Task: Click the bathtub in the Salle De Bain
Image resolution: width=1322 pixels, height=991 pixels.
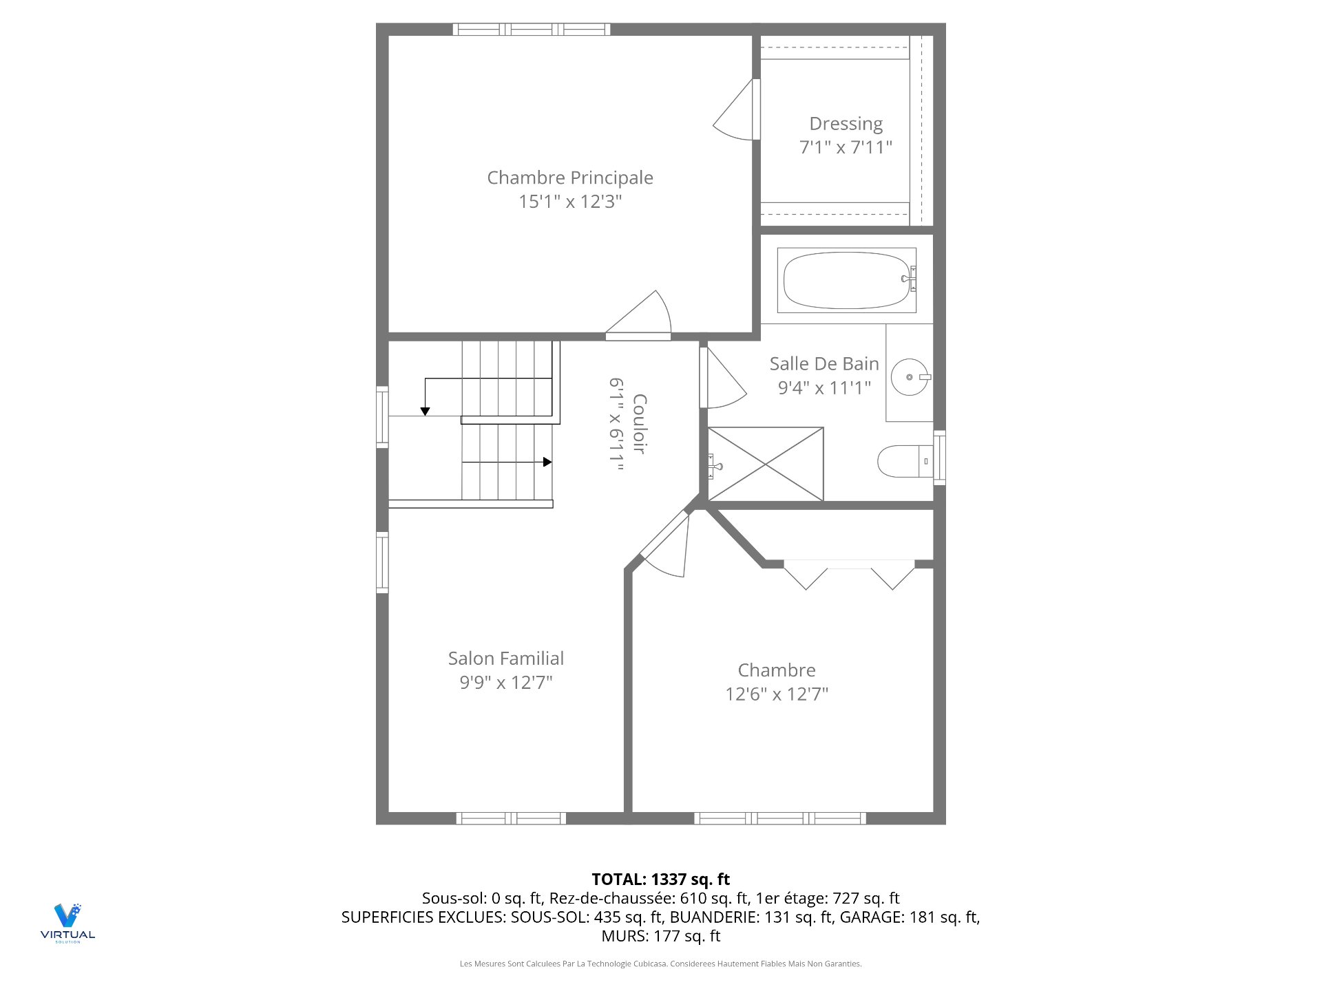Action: (846, 280)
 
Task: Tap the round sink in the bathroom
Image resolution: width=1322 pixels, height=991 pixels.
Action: (910, 377)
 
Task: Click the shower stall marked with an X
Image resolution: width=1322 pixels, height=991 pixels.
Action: (766, 464)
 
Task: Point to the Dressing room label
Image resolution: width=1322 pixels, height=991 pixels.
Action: (846, 124)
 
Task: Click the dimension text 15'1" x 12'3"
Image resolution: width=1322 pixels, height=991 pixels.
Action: (570, 202)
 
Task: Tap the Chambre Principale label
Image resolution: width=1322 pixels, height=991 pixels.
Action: (570, 178)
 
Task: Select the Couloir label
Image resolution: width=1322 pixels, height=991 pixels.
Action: (639, 424)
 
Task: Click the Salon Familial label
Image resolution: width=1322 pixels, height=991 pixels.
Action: (505, 659)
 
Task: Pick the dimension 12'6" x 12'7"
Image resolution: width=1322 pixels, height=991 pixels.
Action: (777, 694)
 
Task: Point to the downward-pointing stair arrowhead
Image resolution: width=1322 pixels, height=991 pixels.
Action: (426, 412)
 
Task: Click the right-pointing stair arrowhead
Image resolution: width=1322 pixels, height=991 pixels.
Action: (547, 462)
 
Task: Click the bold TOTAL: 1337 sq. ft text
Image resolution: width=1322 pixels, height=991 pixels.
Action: (660, 879)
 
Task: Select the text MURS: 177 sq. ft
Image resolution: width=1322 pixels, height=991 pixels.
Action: (660, 936)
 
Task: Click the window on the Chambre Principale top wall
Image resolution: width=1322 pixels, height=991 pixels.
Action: (531, 29)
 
